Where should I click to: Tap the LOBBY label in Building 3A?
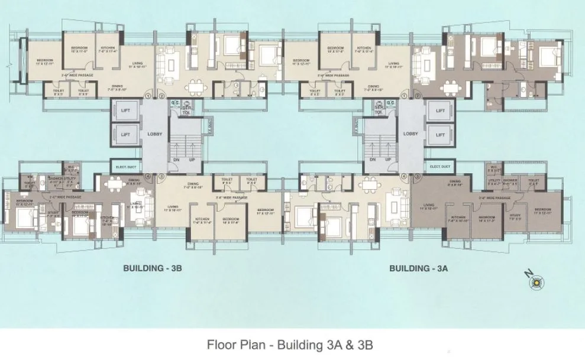click(x=411, y=134)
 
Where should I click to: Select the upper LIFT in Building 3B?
click(x=125, y=111)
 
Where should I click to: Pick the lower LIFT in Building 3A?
click(x=440, y=135)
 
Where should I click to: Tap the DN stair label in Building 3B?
click(x=175, y=160)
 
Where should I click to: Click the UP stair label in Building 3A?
click(x=387, y=160)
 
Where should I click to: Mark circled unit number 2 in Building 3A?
click(x=418, y=96)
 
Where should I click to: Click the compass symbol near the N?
click(x=536, y=284)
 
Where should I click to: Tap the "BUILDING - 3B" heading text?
click(x=152, y=268)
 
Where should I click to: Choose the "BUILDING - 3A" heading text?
click(x=418, y=268)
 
